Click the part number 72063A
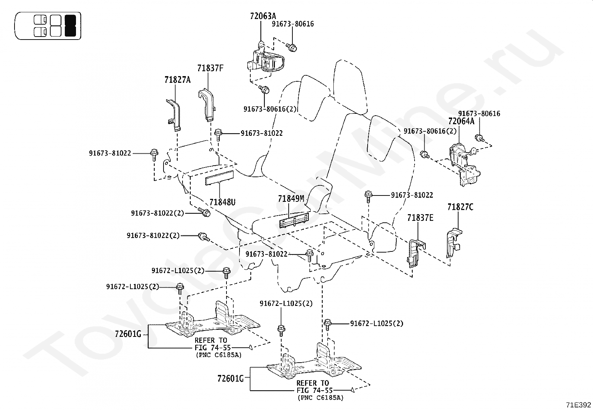click(263, 16)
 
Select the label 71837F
click(210, 68)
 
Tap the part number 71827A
click(177, 79)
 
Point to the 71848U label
click(222, 202)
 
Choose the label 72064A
click(461, 121)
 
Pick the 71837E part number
click(420, 218)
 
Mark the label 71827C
click(460, 207)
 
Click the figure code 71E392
click(578, 405)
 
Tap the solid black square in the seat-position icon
click(70, 25)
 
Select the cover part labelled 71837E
click(414, 254)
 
